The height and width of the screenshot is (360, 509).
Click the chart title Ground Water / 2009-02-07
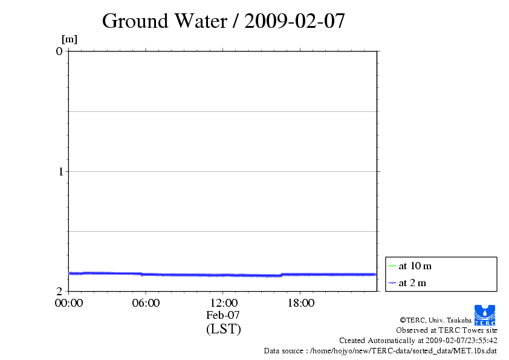click(x=224, y=21)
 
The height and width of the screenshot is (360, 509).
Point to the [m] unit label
click(x=70, y=39)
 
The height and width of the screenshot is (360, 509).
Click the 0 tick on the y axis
click(x=59, y=51)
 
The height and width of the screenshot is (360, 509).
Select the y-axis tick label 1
click(x=59, y=171)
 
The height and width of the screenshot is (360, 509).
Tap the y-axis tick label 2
click(x=59, y=291)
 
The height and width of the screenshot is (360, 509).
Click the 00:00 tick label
click(x=68, y=303)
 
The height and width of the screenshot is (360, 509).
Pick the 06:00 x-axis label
click(x=146, y=303)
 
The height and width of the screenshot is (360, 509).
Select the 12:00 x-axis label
click(x=223, y=303)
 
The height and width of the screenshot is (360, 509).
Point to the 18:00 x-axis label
click(x=300, y=303)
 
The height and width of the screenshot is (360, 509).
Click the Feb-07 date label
click(x=223, y=315)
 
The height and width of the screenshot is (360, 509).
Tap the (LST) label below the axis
click(x=223, y=329)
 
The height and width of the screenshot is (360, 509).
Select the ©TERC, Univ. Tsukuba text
click(x=435, y=320)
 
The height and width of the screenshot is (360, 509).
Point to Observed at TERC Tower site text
click(x=447, y=330)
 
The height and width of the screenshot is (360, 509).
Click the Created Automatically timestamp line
click(x=418, y=341)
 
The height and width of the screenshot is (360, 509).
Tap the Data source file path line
click(x=380, y=351)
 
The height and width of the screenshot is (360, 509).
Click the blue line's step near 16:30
click(x=281, y=275)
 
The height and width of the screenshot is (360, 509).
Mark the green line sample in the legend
click(x=392, y=266)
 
